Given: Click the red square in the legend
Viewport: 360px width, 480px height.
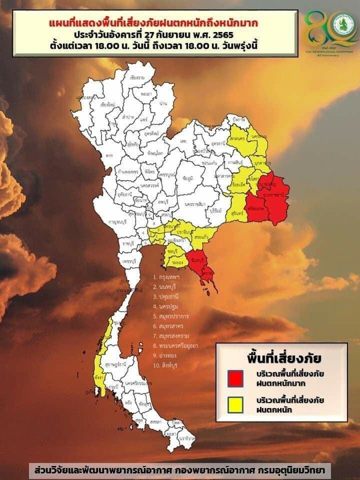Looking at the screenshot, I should pyautogui.click(x=235, y=378).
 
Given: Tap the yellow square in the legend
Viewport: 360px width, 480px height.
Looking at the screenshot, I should pyautogui.click(x=235, y=404).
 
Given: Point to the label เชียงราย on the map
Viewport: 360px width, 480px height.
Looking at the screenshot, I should pyautogui.click(x=137, y=78).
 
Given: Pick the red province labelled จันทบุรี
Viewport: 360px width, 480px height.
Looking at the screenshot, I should pyautogui.click(x=196, y=260).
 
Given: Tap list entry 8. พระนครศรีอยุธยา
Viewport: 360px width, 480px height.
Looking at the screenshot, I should pyautogui.click(x=182, y=345).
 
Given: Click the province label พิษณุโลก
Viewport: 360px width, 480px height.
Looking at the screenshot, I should pyautogui.click(x=150, y=150).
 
